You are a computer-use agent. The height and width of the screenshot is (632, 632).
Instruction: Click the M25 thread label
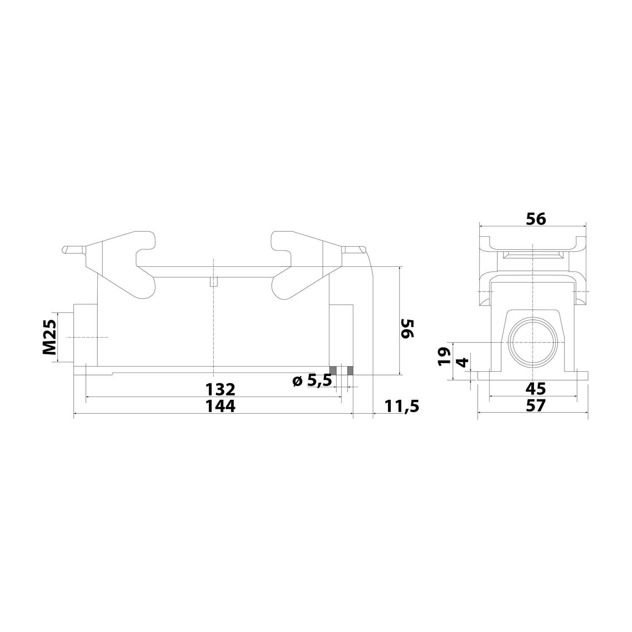click(50, 337)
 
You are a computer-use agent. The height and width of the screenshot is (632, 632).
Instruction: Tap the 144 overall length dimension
click(220, 406)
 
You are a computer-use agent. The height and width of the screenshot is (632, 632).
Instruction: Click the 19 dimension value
click(444, 356)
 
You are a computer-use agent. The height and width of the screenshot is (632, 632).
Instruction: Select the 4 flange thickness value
click(463, 362)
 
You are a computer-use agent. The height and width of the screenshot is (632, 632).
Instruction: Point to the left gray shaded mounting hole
click(333, 370)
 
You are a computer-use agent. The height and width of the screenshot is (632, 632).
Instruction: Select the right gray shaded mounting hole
click(350, 370)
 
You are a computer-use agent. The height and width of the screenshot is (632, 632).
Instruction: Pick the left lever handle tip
click(67, 249)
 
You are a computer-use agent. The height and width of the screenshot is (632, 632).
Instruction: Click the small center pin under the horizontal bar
click(214, 281)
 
